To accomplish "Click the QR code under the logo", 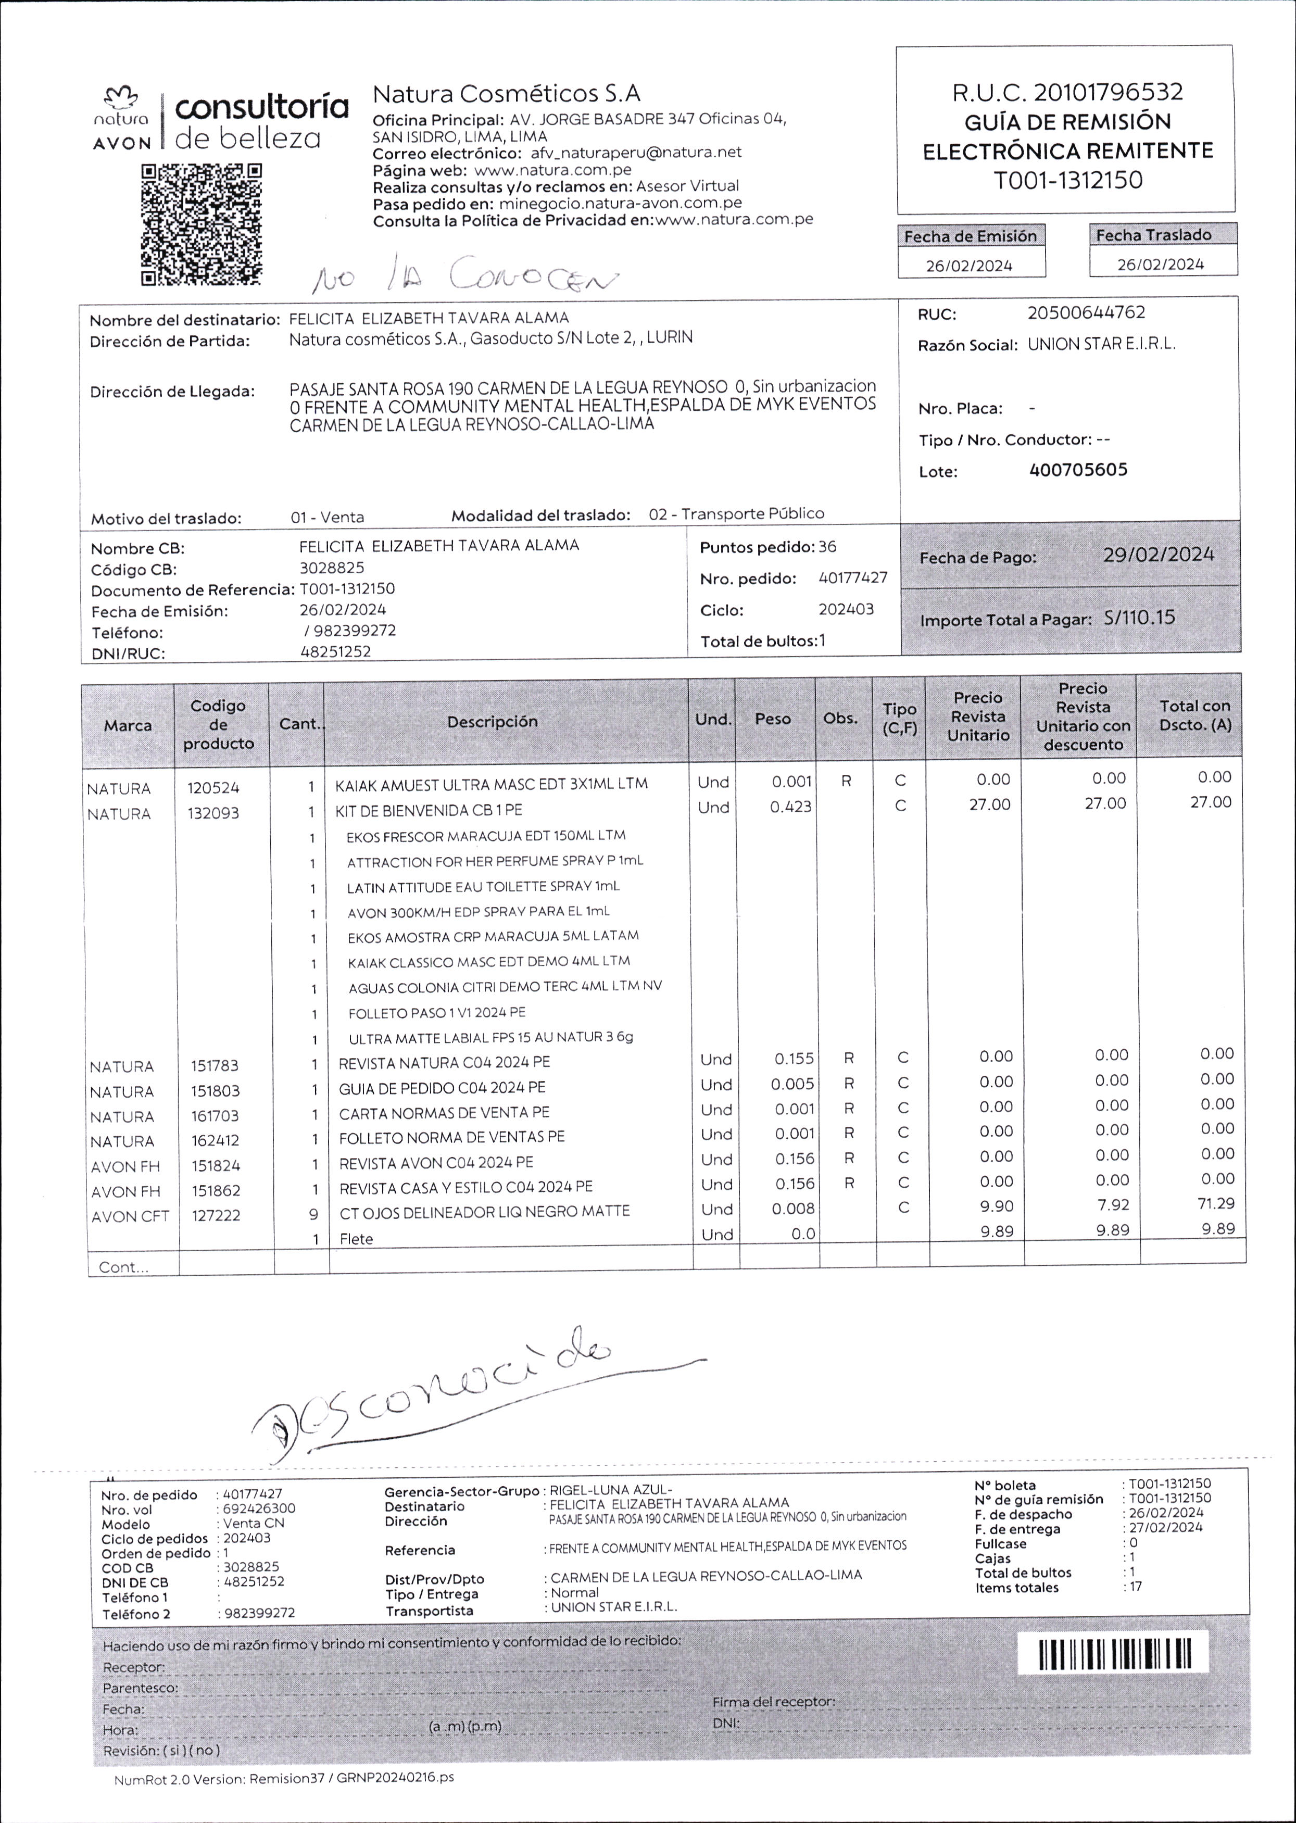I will pyautogui.click(x=202, y=225).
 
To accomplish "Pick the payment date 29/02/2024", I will pyautogui.click(x=1158, y=555).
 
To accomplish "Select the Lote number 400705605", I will pyautogui.click(x=1078, y=470).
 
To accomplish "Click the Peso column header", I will pyautogui.click(x=773, y=719).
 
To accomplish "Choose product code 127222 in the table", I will pyautogui.click(x=216, y=1216).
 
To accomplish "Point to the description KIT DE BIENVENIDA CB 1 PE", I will pyautogui.click(x=429, y=811).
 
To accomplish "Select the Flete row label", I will pyautogui.click(x=356, y=1239).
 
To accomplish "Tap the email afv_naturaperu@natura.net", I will pyautogui.click(x=635, y=153).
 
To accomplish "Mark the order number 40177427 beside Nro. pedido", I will pyautogui.click(x=852, y=577).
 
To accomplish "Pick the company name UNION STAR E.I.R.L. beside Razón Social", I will pyautogui.click(x=1101, y=345).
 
